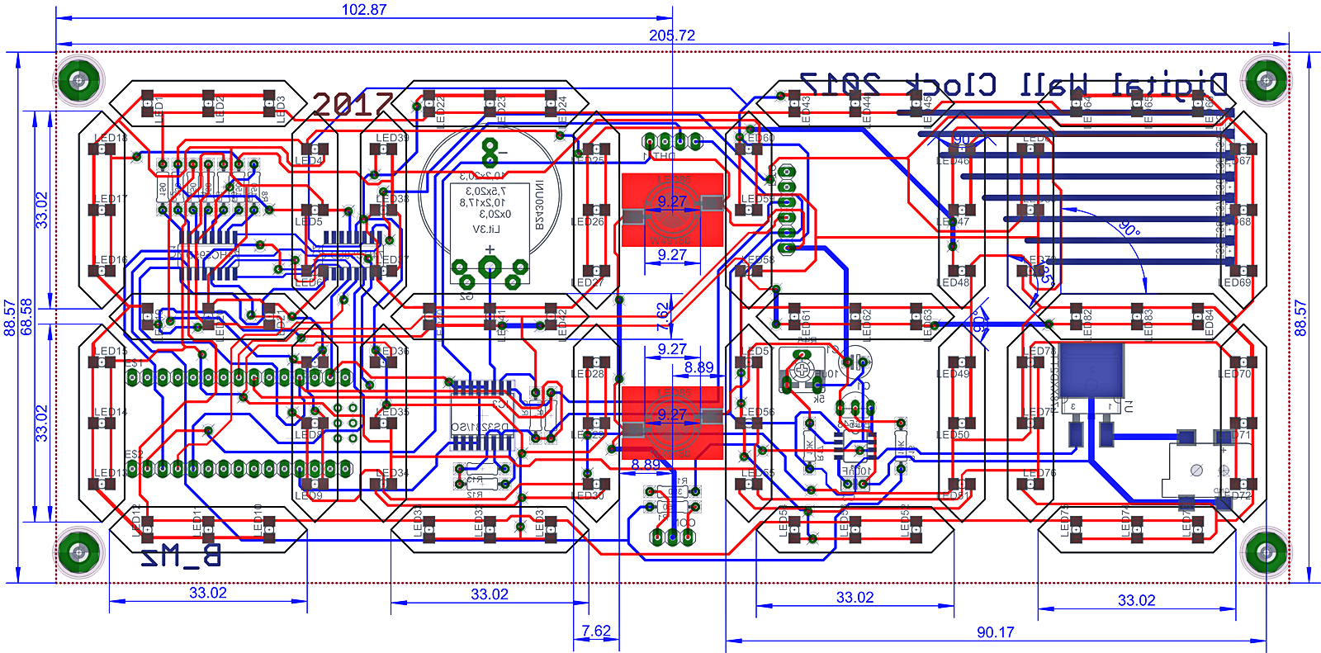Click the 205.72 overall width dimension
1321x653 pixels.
tap(671, 35)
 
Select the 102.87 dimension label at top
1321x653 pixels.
tap(364, 10)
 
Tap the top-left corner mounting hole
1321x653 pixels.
tap(79, 80)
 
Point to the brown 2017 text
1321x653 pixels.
tap(353, 104)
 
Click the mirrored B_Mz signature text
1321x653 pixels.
tap(181, 557)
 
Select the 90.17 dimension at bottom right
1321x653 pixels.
tap(995, 632)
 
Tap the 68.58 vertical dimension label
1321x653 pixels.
tap(26, 317)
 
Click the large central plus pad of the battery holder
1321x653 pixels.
tap(490, 266)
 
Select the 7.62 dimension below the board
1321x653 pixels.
tap(595, 632)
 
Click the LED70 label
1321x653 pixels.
tap(1234, 374)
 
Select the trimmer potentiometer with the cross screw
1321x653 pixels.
tap(802, 371)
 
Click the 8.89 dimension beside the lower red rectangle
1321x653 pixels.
tap(698, 367)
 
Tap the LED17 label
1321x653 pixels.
tap(111, 199)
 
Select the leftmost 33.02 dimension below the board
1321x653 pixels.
tap(207, 593)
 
